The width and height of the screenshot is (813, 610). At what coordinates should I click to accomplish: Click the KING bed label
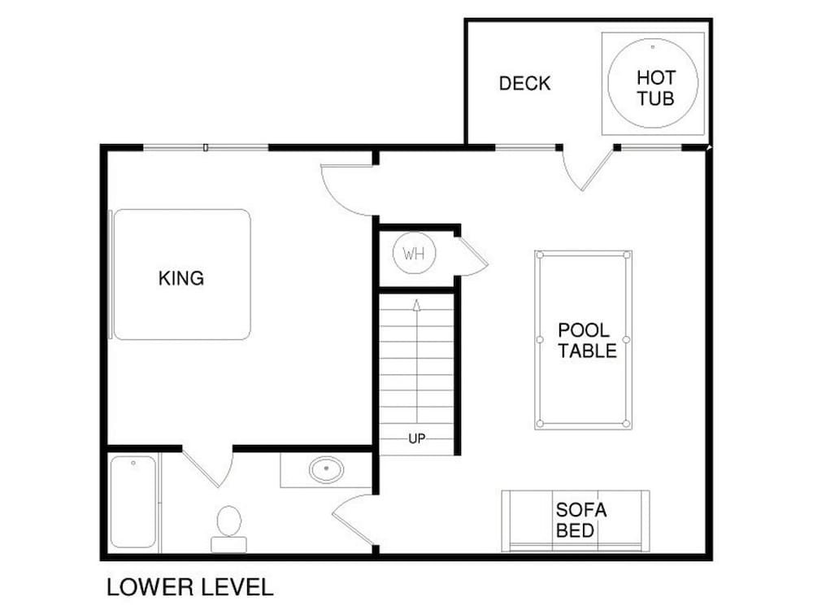coord(181,278)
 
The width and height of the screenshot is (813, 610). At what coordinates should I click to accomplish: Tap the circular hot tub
coord(653,83)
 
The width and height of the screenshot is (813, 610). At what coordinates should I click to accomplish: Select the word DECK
coord(524,84)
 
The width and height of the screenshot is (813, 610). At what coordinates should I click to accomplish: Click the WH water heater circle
coord(415,254)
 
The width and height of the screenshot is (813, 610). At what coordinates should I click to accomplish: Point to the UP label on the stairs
coord(417,439)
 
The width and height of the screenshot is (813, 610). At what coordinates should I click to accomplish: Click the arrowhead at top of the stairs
coord(416,304)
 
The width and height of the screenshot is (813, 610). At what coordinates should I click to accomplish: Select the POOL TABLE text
coord(587,340)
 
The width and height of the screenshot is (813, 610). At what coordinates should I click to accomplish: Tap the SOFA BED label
coord(580,521)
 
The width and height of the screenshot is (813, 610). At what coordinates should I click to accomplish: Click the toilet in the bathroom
coord(228,529)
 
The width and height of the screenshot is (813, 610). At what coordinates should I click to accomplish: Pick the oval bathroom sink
coord(326,469)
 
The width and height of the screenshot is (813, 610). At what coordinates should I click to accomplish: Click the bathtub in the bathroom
coord(133,502)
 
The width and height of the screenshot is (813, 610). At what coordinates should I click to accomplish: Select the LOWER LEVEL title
coord(189,587)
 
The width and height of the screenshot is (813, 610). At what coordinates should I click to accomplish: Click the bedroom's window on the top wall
coord(206,148)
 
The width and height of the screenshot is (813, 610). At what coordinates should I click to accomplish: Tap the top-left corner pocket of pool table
coord(540,255)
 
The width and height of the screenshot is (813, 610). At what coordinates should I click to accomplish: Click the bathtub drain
coord(133,463)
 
